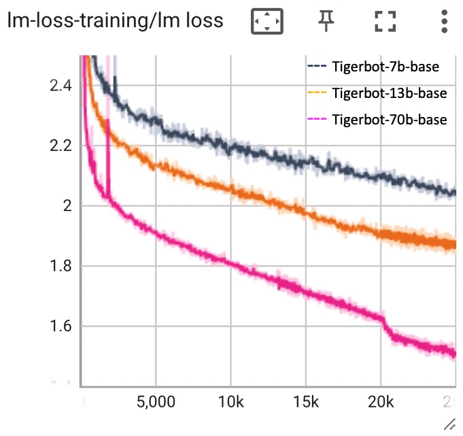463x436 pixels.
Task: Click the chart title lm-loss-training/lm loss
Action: coord(115,21)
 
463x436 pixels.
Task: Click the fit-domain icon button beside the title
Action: coord(267,21)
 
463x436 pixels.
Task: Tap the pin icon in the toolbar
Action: coord(328,21)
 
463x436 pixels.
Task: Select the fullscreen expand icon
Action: coord(385,21)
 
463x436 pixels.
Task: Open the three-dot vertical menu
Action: coord(444,21)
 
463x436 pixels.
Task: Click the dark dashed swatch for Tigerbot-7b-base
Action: coord(317,67)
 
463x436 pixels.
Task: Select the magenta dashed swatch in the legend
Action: coord(317,120)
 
